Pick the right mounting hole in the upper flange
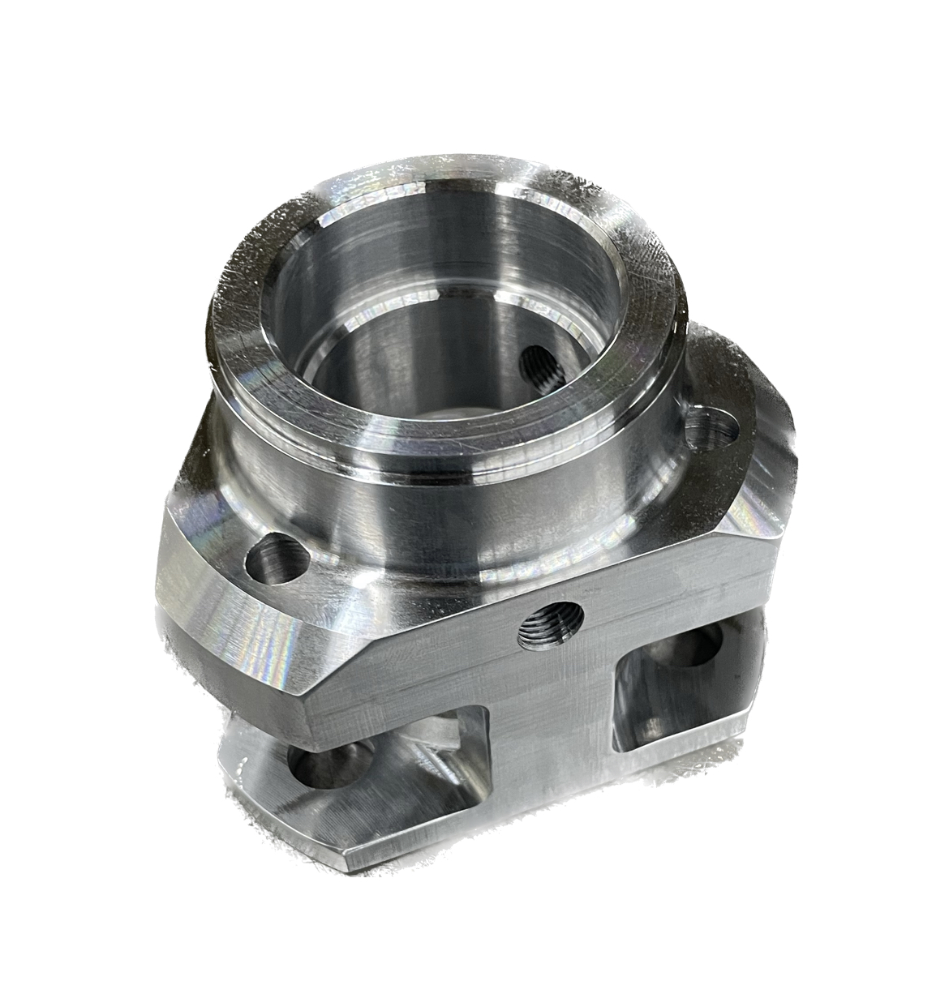click(x=712, y=427)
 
